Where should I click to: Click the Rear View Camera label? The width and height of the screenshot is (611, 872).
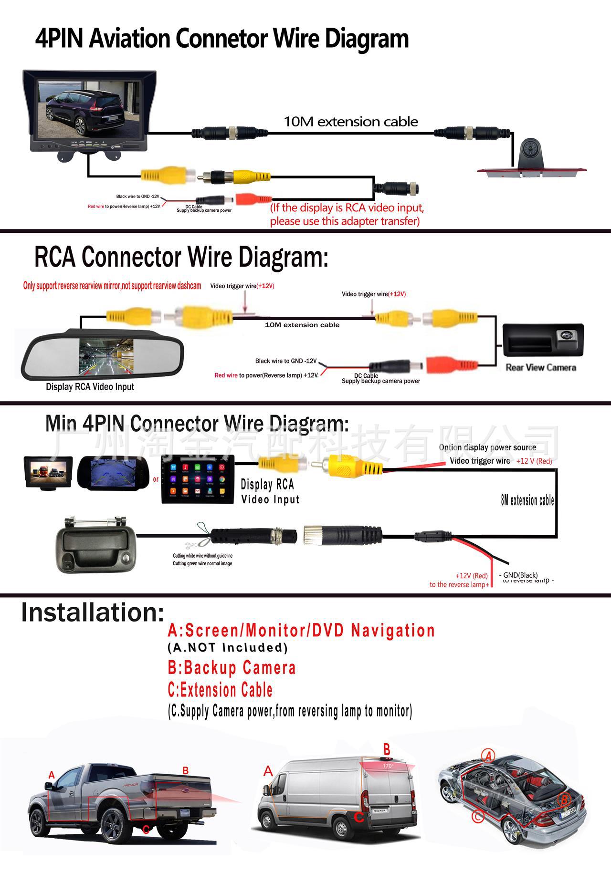541,367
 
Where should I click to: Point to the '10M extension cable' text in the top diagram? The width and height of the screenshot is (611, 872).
351,122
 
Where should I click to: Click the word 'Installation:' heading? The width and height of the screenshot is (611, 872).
93,612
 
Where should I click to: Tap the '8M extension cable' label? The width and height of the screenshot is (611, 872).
527,500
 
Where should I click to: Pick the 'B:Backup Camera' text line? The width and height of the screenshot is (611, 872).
232,668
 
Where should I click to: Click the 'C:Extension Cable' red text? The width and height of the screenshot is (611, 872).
220,690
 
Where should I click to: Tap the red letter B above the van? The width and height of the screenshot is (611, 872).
387,748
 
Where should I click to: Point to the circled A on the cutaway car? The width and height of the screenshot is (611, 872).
488,755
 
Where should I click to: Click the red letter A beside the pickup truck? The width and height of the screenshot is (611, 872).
52,775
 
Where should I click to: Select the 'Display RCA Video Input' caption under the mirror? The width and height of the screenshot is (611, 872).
90,387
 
